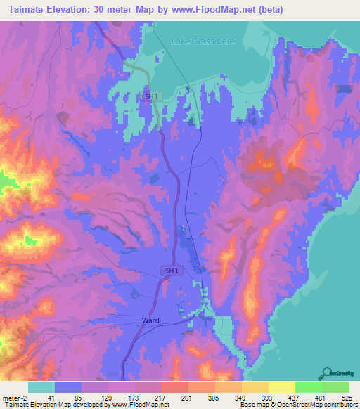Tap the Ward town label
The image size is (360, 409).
[x=150, y=320]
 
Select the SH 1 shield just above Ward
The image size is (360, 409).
[x=172, y=271]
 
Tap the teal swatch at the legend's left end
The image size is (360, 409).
[x=41, y=387]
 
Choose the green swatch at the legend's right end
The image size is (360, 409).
[x=335, y=387]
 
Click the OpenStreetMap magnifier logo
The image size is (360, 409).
[x=327, y=372]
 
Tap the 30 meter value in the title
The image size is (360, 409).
[x=129, y=9]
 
